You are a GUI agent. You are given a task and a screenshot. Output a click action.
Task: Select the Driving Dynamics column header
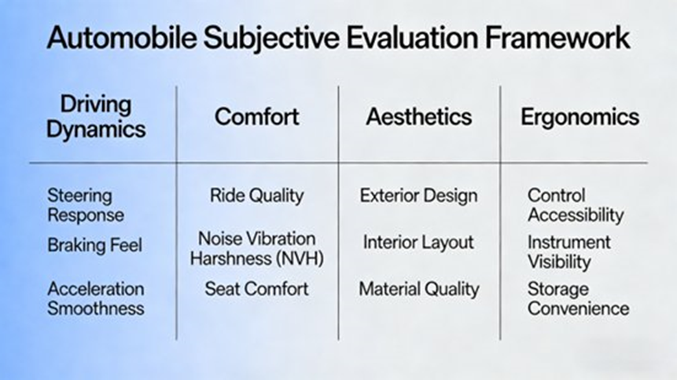96,116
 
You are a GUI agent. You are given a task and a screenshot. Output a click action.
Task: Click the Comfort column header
257,117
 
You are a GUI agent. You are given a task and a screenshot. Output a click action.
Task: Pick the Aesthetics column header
418,117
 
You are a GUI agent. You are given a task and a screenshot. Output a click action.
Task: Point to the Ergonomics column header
579,117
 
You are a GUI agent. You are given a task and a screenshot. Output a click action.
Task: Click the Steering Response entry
85,204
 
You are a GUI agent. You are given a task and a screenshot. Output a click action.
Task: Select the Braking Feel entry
94,246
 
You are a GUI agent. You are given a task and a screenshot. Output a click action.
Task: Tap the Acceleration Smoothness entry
95,298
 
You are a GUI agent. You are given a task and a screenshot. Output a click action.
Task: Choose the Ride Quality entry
256,195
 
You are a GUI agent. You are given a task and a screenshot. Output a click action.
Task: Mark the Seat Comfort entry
256,289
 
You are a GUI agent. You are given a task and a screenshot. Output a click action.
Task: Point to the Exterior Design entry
418,195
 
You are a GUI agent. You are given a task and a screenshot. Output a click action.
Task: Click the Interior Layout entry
418,243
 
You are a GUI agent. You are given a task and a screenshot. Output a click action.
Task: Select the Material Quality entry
418,289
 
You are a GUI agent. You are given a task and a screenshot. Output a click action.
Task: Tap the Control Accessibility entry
575,205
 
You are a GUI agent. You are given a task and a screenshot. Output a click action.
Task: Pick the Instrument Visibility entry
569,251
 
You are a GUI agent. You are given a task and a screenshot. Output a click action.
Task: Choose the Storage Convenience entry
578,298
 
